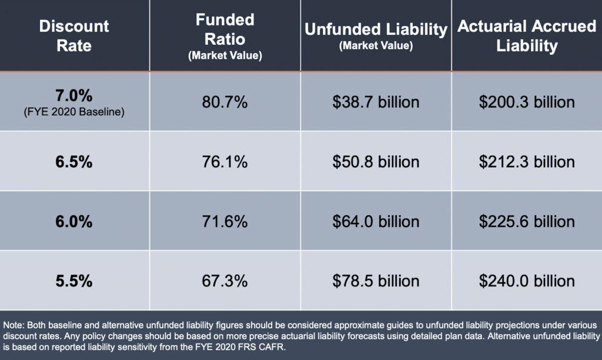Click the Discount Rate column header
(x=74, y=35)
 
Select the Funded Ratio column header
(x=225, y=35)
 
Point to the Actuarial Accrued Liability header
(x=527, y=35)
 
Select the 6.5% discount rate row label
(x=74, y=162)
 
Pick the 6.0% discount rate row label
(x=74, y=222)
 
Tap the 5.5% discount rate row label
(x=74, y=281)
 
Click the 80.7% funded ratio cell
(x=225, y=102)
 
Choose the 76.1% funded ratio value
(x=225, y=162)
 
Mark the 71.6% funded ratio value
(x=225, y=222)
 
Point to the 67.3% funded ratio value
(x=225, y=281)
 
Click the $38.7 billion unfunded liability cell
(x=376, y=102)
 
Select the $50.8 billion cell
(x=376, y=162)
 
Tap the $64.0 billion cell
(x=376, y=222)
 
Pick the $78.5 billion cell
(x=376, y=281)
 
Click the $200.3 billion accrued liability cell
(x=527, y=102)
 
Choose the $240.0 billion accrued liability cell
(x=527, y=281)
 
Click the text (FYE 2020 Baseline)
(x=74, y=112)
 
